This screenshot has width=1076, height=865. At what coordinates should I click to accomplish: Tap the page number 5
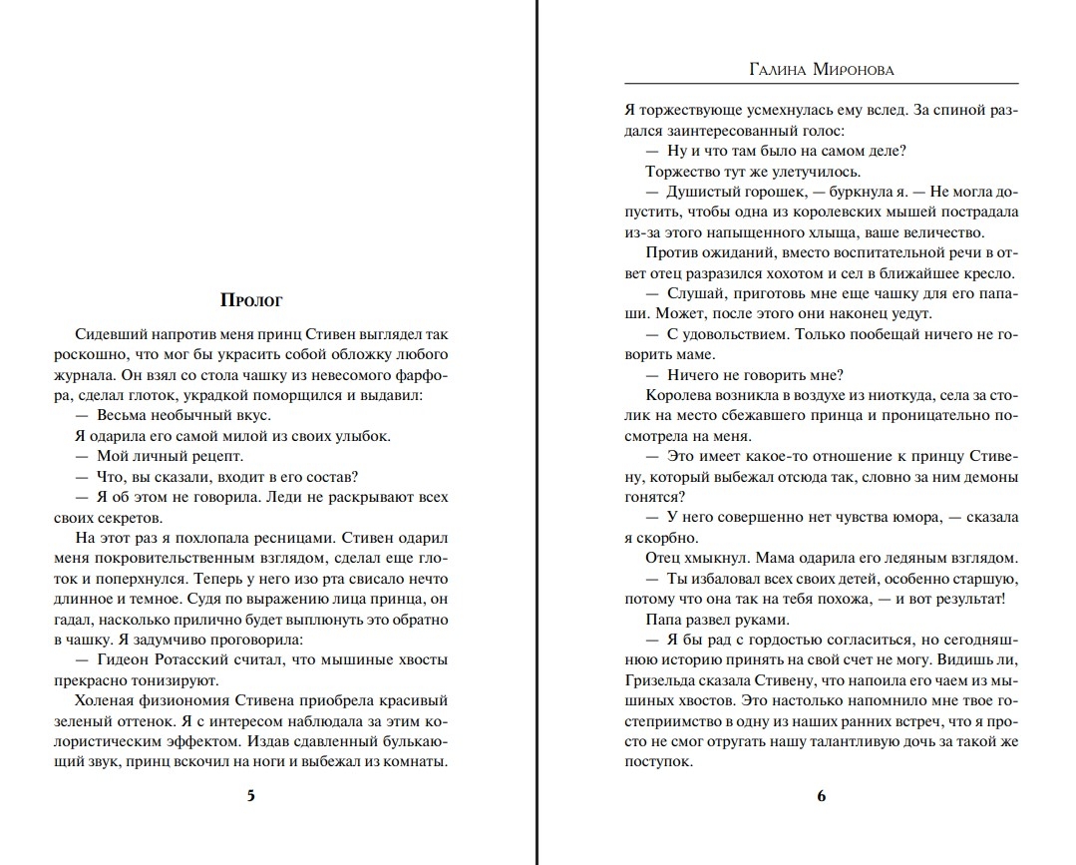click(250, 795)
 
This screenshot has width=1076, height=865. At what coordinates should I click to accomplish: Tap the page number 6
click(822, 795)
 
